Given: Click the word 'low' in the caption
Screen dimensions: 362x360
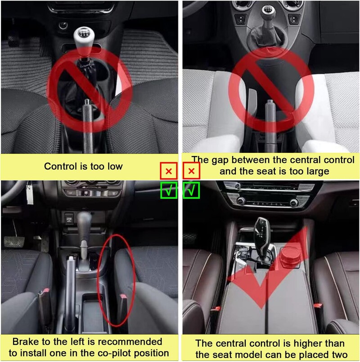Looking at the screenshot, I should point(113,166).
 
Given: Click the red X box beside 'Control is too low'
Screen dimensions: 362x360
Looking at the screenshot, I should point(169,171).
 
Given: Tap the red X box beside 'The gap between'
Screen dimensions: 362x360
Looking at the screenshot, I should point(192,171).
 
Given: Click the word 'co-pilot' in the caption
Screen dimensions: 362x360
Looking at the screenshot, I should point(113,353).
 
